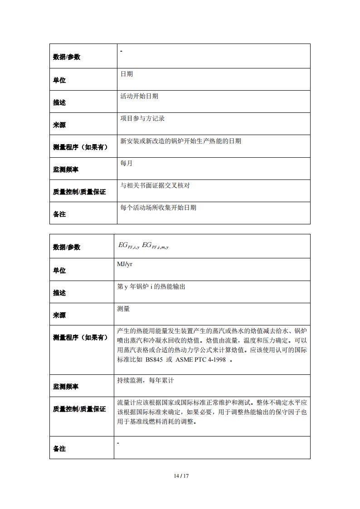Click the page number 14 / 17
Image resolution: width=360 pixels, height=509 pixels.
point(180,476)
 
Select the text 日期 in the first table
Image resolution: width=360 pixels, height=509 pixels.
point(126,74)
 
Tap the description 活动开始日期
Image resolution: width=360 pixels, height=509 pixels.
point(139,96)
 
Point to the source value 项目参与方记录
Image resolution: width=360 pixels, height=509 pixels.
point(142,118)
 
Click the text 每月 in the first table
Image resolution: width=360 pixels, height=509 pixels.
point(126,163)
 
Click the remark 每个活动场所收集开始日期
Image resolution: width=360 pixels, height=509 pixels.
point(158,208)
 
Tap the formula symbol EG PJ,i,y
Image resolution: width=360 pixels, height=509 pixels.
point(129,245)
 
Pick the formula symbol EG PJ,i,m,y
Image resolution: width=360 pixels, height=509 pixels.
point(155,245)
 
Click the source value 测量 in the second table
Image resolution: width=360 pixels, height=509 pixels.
point(123,309)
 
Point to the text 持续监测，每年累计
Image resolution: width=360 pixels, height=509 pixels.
point(145,381)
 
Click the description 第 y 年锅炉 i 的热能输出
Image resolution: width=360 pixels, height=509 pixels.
point(151,286)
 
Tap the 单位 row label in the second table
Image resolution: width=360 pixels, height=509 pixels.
point(59,270)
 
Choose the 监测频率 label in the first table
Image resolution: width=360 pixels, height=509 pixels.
point(66,169)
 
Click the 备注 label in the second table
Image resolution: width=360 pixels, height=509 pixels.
point(59,448)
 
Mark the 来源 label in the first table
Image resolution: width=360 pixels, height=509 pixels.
point(59,125)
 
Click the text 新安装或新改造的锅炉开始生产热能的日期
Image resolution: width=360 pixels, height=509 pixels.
point(180,141)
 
